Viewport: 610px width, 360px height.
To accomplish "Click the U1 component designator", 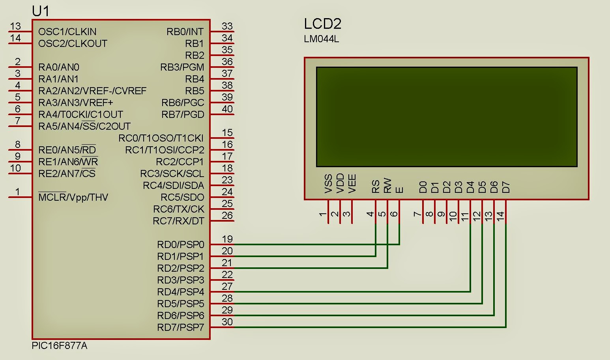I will [40, 11].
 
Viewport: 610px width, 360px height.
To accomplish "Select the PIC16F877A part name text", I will [59, 346].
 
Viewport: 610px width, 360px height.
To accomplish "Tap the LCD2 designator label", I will [322, 24].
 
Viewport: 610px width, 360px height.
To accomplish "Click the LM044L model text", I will [321, 39].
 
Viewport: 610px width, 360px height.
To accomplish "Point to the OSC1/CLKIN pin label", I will [67, 32].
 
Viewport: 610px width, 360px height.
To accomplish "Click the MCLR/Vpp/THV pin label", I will [73, 197].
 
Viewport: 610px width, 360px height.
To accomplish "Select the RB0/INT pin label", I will [185, 32].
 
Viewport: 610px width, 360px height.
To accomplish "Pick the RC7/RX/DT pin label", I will [178, 221].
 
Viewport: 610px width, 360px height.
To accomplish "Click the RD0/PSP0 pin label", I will [180, 244].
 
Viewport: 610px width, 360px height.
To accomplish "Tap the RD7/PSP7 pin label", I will [180, 327].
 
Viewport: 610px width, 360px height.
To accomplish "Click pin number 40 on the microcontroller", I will [227, 109].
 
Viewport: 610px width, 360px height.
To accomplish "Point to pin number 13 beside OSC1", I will [15, 26].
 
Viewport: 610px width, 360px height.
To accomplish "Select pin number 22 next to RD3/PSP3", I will [227, 274].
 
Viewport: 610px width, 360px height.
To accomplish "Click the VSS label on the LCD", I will [328, 183].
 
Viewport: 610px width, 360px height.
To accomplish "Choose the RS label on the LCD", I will [375, 186].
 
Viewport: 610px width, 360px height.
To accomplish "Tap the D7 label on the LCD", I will [505, 187].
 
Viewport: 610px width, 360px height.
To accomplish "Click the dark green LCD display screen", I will [446, 117].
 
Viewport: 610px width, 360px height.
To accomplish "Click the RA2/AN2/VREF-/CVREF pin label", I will [92, 91].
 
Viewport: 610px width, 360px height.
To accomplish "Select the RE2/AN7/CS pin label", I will [67, 173].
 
